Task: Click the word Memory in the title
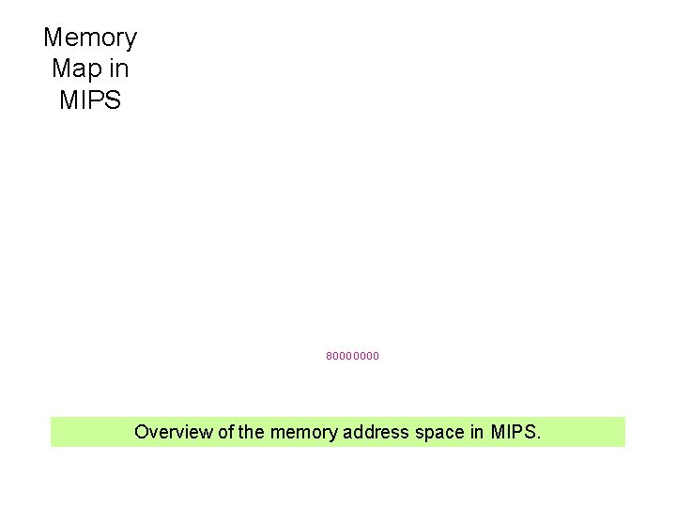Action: (x=90, y=38)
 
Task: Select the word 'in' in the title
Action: (x=119, y=69)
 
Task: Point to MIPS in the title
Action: (x=90, y=100)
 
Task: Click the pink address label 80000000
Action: (x=353, y=357)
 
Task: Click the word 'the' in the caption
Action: (x=252, y=432)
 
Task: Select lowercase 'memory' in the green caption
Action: (x=304, y=433)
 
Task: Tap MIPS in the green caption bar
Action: (x=513, y=432)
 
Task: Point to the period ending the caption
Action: (x=539, y=438)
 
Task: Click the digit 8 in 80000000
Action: (x=330, y=357)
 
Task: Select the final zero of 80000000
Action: (x=376, y=357)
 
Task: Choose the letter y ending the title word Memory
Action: (x=131, y=40)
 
